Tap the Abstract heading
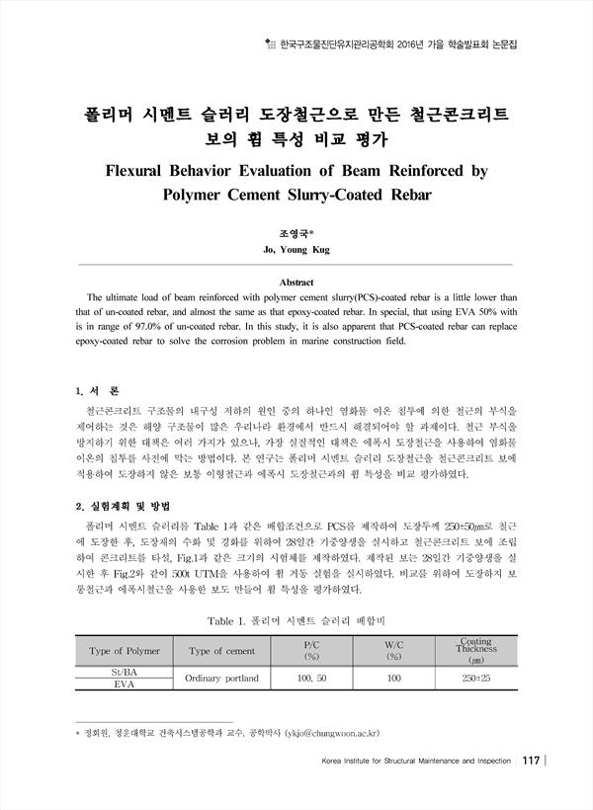[296, 282]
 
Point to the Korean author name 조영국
[296, 234]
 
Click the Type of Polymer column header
[125, 651]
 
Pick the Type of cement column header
[221, 651]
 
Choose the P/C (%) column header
[311, 651]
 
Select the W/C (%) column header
[392, 651]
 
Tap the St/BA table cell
[125, 672]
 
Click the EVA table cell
[125, 684]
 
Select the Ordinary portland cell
[221, 678]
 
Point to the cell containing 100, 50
[311, 678]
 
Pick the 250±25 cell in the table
[475, 678]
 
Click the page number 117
[531, 760]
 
